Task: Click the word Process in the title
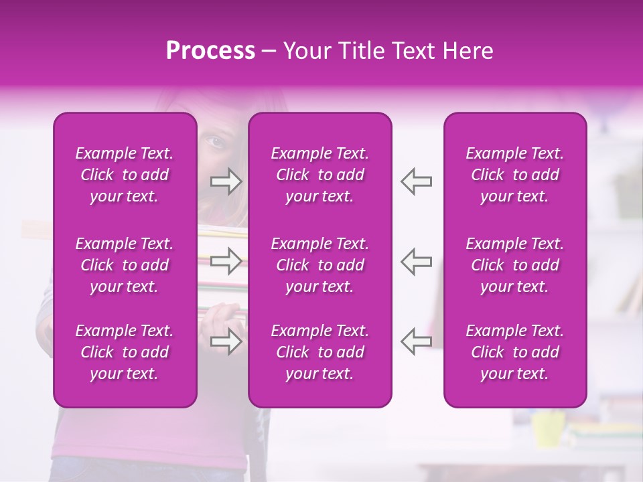pyautogui.click(x=210, y=51)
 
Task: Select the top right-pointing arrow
pyautogui.click(x=226, y=181)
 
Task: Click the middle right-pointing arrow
pyautogui.click(x=226, y=262)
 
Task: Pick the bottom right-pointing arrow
pyautogui.click(x=226, y=341)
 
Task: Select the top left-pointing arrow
pyautogui.click(x=416, y=181)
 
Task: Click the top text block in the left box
pyautogui.click(x=125, y=175)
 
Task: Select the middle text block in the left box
pyautogui.click(x=125, y=265)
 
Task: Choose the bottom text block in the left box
pyautogui.click(x=125, y=352)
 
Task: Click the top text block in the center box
pyautogui.click(x=319, y=175)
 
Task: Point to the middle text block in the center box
pyautogui.click(x=319, y=265)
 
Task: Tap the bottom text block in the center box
pyautogui.click(x=319, y=352)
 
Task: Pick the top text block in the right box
pyautogui.click(x=514, y=175)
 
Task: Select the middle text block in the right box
pyautogui.click(x=514, y=265)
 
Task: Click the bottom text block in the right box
pyautogui.click(x=514, y=352)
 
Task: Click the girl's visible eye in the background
pyautogui.click(x=215, y=142)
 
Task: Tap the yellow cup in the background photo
pyautogui.click(x=548, y=428)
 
